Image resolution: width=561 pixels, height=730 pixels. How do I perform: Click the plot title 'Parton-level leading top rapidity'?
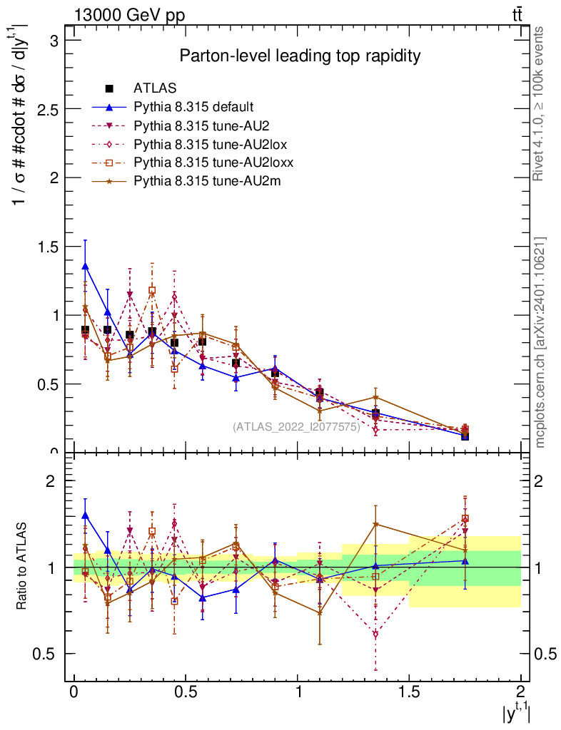(x=300, y=56)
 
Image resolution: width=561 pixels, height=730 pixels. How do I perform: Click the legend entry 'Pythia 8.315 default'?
(x=193, y=108)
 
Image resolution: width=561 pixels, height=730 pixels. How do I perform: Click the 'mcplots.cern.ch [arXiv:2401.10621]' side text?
(x=540, y=342)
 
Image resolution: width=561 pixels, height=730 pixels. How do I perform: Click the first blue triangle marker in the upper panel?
(x=86, y=267)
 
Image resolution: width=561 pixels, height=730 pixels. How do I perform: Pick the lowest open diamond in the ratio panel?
(x=375, y=634)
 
